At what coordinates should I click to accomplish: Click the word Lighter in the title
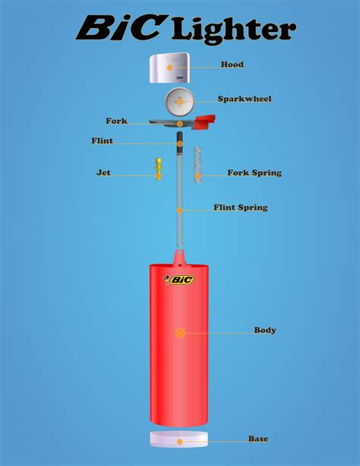point(233,30)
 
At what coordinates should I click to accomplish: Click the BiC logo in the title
point(120,29)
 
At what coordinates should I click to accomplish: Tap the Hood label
point(232,65)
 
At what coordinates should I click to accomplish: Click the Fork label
point(116,121)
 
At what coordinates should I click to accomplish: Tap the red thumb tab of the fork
point(206,120)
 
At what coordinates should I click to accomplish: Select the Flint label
point(102,141)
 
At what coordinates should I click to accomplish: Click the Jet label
point(103,173)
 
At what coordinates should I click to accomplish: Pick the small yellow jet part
point(159,168)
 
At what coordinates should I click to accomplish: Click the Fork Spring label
point(254,173)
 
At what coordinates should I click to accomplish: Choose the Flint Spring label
point(240,207)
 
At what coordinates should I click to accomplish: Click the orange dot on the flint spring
point(180,210)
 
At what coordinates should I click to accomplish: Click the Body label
point(265,330)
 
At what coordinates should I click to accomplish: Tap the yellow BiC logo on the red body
point(180,280)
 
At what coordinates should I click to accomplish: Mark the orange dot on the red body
point(180,333)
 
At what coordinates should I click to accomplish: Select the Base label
point(257,439)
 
